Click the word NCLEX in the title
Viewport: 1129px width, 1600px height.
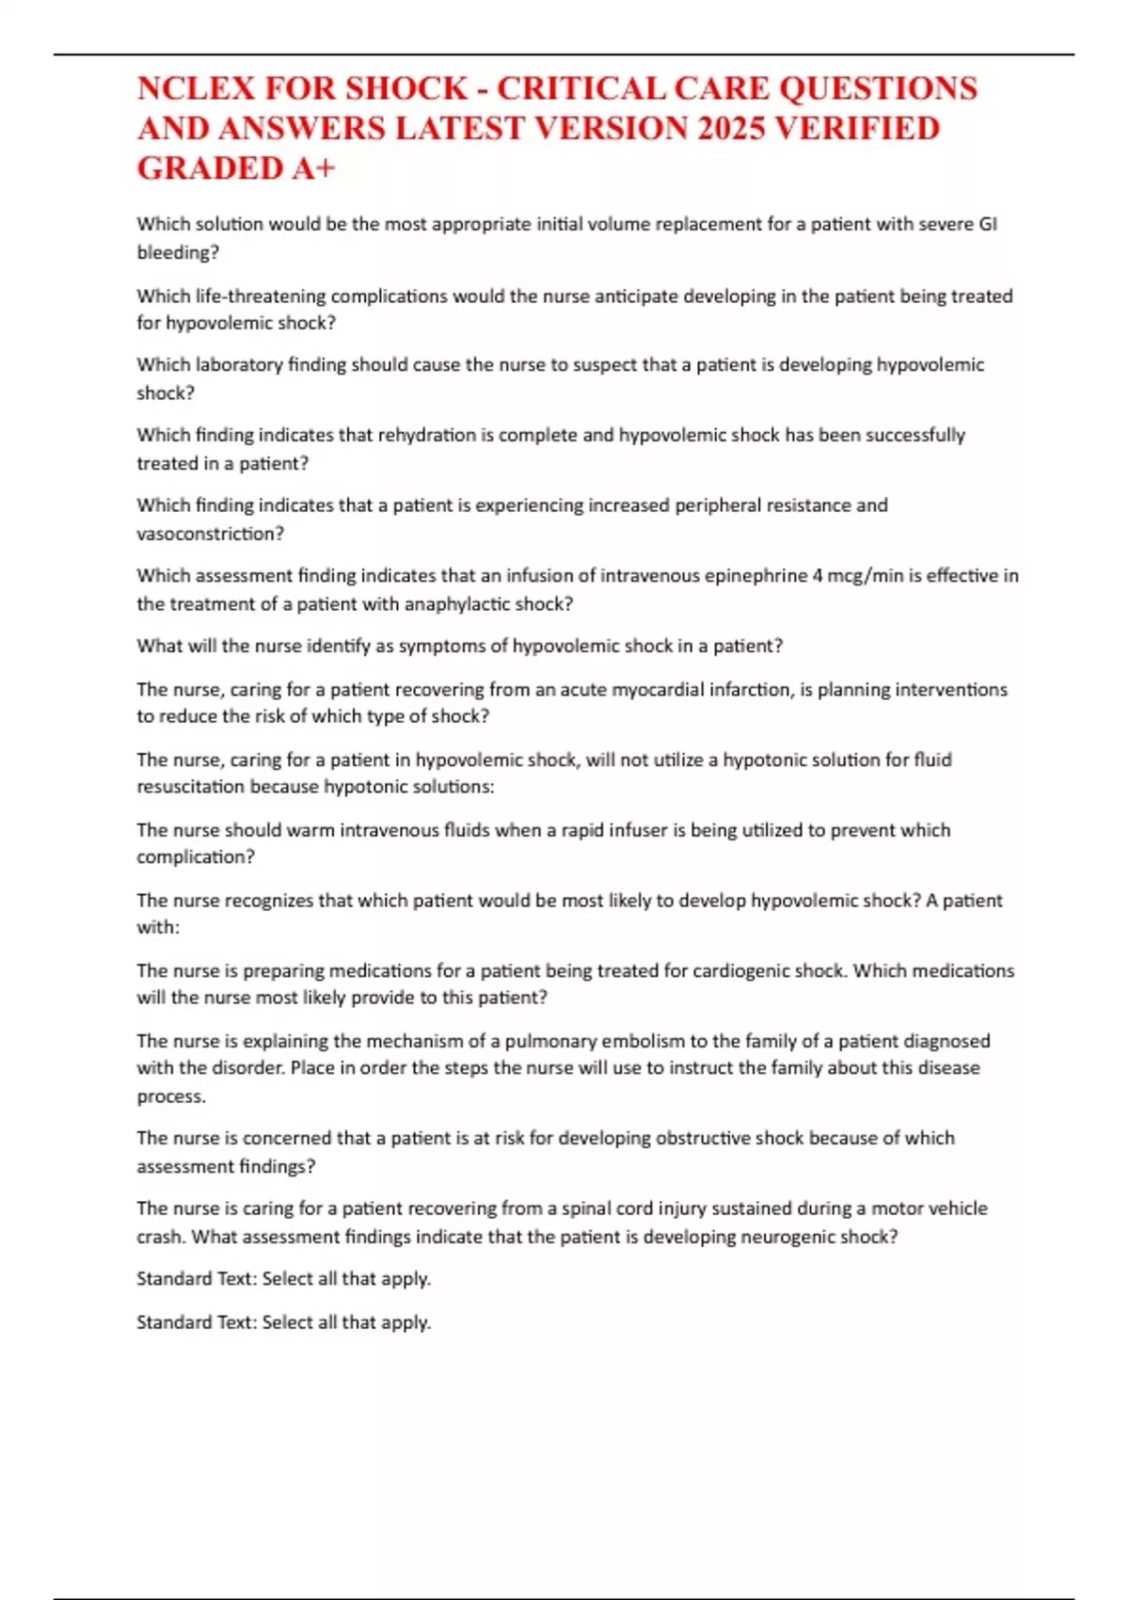[x=197, y=88]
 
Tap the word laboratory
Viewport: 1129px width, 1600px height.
[x=238, y=365]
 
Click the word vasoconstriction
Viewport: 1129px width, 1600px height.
[x=210, y=534]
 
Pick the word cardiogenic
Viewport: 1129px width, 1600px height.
[x=743, y=970]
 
